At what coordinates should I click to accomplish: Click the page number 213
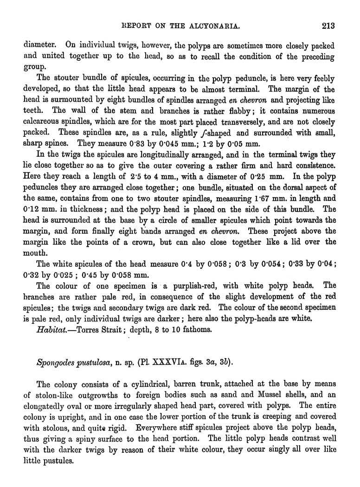(328, 26)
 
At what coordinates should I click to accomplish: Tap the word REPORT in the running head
(134, 26)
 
